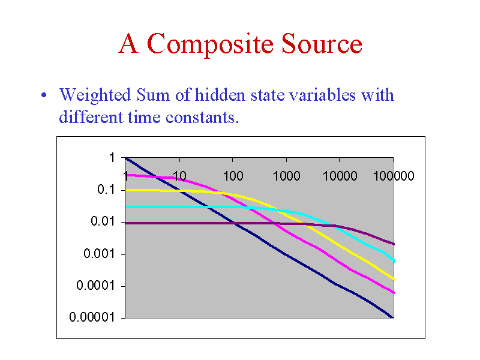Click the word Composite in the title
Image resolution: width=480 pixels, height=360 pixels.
point(210,44)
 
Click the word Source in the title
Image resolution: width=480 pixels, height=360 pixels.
point(322,43)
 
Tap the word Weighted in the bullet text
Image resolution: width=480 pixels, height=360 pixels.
point(95,95)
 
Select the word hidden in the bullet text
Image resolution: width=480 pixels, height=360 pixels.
point(220,95)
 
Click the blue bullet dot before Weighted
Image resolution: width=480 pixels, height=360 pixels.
point(44,95)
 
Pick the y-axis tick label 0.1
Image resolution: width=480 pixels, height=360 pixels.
point(106,190)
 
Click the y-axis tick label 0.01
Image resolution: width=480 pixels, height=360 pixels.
point(103,221)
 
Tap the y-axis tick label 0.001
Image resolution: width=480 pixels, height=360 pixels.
point(99,253)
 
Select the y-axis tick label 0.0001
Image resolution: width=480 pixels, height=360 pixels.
point(95,286)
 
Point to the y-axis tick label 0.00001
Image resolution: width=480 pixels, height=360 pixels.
point(92,317)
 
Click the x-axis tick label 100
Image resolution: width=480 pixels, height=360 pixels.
point(233,176)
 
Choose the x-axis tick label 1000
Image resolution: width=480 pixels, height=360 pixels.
point(286,176)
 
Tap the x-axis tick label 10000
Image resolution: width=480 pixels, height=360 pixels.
point(340,176)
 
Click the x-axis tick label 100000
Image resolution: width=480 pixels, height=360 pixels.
point(394,176)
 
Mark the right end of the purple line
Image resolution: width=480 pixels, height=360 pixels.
point(394,244)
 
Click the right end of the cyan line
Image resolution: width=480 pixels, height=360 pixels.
point(394,261)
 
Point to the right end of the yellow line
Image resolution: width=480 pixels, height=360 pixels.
point(394,279)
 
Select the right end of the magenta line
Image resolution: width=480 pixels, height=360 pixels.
point(394,293)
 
